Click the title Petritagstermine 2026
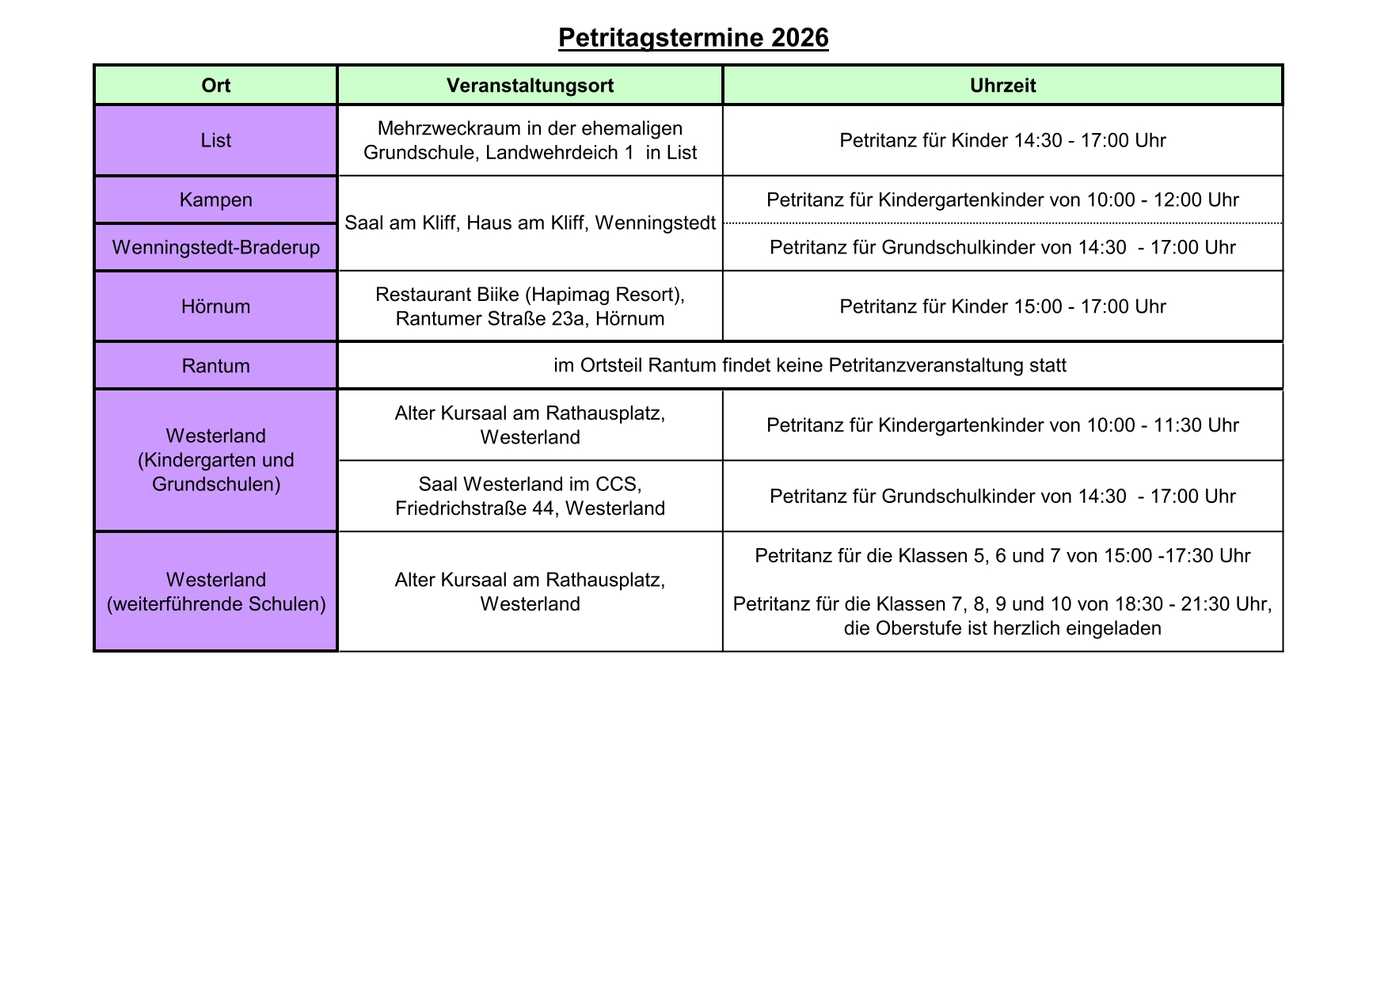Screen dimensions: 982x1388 click(x=693, y=38)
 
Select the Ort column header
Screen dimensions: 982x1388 click(x=215, y=86)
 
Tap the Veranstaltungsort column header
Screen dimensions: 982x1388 click(x=530, y=86)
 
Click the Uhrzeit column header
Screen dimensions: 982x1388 click(x=1002, y=86)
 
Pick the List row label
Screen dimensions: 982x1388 click(x=215, y=140)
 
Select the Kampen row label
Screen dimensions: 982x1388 click(x=215, y=200)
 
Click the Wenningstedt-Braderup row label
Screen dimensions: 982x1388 click(x=215, y=247)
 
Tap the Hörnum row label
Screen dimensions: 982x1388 click(x=215, y=306)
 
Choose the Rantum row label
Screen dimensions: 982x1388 click(x=215, y=366)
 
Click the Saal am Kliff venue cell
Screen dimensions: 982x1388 click(x=530, y=223)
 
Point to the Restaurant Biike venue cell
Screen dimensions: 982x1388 click(x=530, y=306)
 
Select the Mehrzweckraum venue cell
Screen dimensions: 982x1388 click(x=530, y=140)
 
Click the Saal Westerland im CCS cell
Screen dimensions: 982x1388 click(x=530, y=496)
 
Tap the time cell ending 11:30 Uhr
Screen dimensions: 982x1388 click(x=1002, y=425)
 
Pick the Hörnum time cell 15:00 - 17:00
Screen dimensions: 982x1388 click(x=1002, y=306)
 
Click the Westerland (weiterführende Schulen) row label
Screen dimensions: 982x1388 click(x=215, y=592)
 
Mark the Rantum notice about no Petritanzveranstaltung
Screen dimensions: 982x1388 click(x=809, y=366)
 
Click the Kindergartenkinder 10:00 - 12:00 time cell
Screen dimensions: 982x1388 click(x=1002, y=200)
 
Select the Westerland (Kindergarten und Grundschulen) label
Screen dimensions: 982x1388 click(x=215, y=460)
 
